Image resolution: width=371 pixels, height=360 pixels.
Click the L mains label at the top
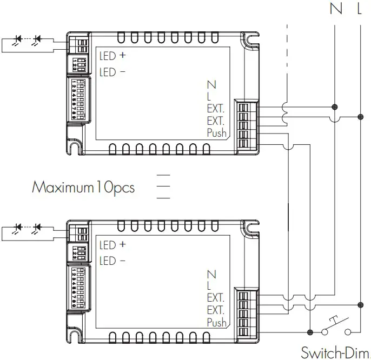[x=360, y=9]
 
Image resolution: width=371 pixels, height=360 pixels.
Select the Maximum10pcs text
[x=83, y=188]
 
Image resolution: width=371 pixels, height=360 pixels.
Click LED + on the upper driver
[x=112, y=55]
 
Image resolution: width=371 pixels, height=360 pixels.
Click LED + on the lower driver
[x=112, y=245]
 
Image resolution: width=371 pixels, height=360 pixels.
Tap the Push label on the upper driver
[x=217, y=134]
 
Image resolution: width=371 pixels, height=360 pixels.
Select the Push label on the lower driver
[x=217, y=323]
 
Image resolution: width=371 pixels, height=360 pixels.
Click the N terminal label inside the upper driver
[x=211, y=85]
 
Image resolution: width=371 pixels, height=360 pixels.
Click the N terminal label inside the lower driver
[x=211, y=275]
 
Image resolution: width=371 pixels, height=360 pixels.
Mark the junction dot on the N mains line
[x=335, y=106]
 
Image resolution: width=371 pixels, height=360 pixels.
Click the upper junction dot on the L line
[x=360, y=116]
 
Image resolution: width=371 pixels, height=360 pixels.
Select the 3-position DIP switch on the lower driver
[x=79, y=254]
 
